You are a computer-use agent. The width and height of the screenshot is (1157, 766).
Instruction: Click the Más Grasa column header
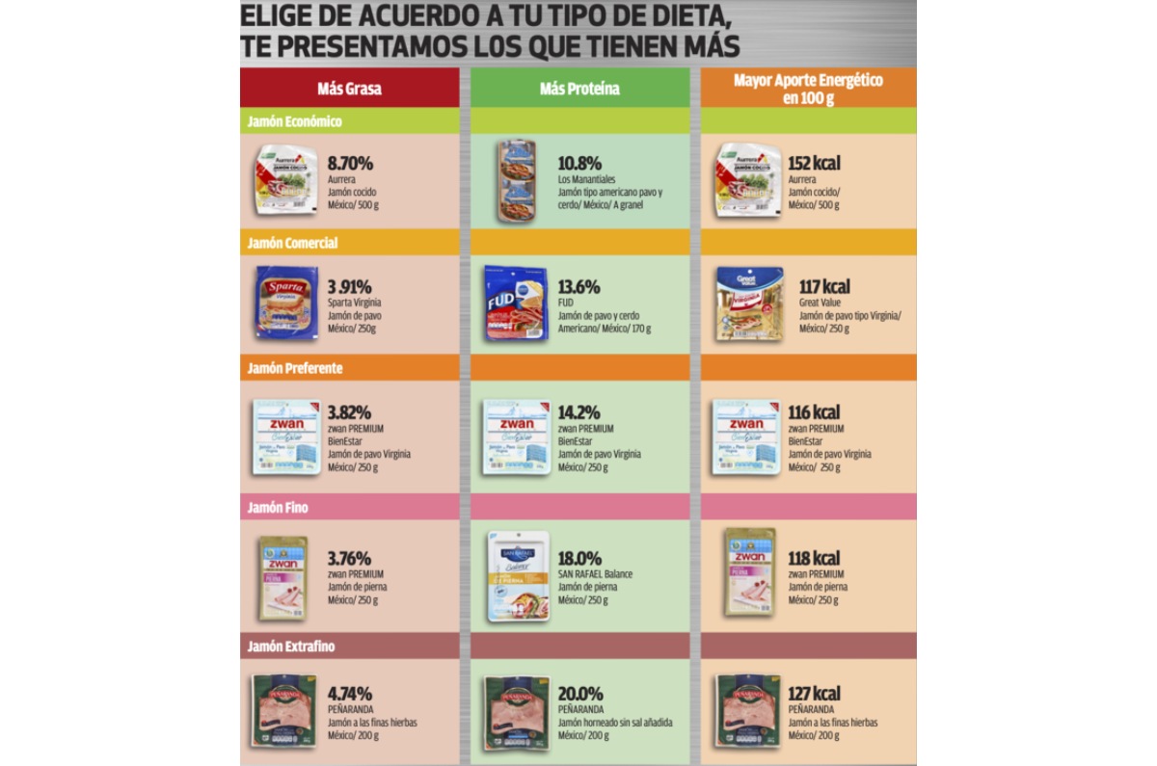(349, 89)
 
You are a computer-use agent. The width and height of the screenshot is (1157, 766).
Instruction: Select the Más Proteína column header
(579, 89)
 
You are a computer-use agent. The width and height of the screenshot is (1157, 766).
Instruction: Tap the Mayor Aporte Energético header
(808, 89)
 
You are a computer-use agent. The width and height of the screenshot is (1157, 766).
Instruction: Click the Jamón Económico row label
(294, 121)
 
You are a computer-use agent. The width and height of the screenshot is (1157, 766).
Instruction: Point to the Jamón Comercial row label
(292, 243)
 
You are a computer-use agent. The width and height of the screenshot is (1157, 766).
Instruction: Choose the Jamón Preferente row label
(294, 368)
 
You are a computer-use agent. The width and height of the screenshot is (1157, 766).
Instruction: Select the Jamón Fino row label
(278, 507)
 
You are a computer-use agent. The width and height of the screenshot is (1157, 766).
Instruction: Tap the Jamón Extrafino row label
(290, 647)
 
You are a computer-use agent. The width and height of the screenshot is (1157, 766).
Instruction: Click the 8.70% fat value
(350, 163)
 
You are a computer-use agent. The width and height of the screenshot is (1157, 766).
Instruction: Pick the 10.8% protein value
(579, 163)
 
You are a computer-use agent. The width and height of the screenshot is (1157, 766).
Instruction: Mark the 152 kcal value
(813, 163)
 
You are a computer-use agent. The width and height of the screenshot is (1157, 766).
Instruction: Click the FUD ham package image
(515, 304)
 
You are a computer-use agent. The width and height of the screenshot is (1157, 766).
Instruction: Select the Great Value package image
(748, 304)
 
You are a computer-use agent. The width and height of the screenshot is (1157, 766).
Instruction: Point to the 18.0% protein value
(579, 558)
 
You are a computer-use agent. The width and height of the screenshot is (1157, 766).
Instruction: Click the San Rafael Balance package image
(518, 575)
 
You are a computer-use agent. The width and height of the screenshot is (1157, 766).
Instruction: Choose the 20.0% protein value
(580, 694)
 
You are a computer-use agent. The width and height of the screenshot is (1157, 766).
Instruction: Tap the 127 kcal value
(813, 694)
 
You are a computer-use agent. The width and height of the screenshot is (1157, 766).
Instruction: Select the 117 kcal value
(823, 287)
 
